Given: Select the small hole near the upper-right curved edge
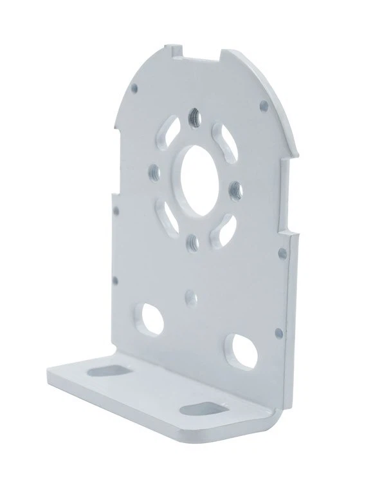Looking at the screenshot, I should (x=262, y=103).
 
